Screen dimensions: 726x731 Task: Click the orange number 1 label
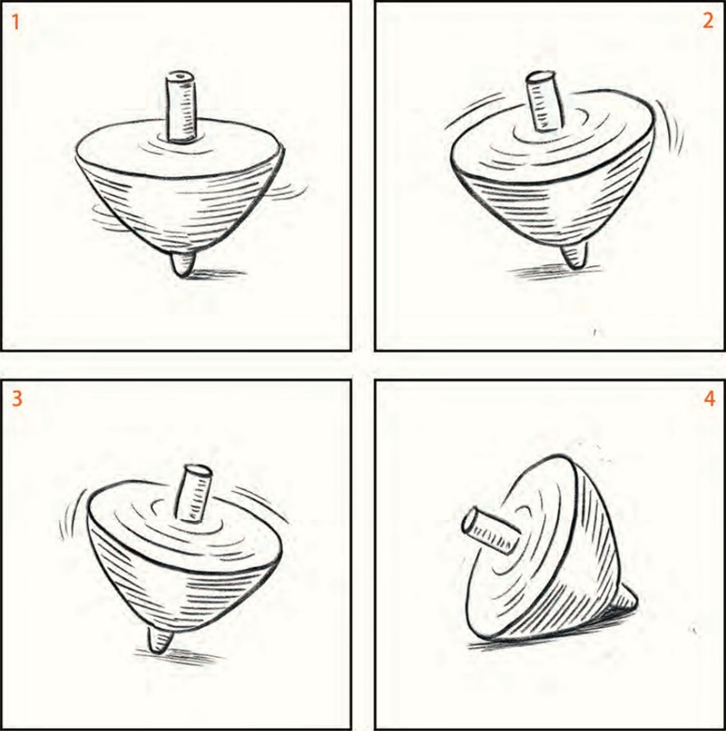coord(16,22)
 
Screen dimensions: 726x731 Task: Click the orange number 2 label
coord(708,21)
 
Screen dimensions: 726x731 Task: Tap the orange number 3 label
coord(16,398)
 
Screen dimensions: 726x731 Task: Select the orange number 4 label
coord(709,398)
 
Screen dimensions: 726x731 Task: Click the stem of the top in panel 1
coord(182,107)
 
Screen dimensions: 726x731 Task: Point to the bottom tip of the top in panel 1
coord(183,276)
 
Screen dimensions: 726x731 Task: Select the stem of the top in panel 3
coord(193,493)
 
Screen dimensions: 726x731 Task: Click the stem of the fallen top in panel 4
coord(491,530)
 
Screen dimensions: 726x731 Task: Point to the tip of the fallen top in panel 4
coord(635,604)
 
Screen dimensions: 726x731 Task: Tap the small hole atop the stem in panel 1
coord(182,75)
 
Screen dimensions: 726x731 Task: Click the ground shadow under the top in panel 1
coord(212,274)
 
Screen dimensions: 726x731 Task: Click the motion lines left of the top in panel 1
coord(105,216)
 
